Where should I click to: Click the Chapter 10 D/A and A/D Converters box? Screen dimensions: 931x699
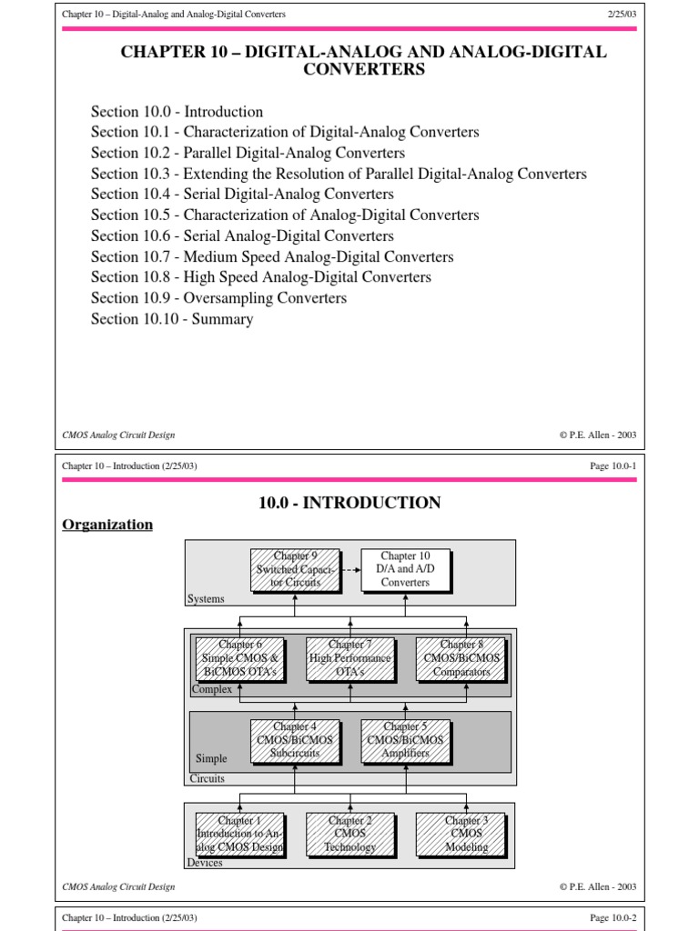[405, 569]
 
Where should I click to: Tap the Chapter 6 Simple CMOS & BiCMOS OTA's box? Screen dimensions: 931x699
[240, 659]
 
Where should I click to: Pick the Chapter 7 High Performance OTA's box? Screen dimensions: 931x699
[350, 659]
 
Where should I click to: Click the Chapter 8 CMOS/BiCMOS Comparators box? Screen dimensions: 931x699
[460, 659]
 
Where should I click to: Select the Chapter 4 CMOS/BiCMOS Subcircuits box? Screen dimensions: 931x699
[296, 740]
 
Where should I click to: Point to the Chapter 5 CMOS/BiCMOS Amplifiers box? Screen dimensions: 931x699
[405, 740]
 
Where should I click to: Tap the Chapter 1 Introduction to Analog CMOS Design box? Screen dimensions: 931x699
[240, 834]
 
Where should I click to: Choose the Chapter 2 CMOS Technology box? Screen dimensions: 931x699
[350, 834]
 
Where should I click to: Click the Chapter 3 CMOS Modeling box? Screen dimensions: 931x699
[460, 834]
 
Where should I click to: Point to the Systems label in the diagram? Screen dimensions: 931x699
[206, 599]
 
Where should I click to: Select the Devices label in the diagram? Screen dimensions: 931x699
[206, 863]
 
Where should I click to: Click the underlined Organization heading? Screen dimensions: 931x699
[107, 525]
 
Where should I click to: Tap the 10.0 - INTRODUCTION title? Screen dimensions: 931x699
[349, 503]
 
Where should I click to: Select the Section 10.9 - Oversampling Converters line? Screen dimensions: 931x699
[218, 298]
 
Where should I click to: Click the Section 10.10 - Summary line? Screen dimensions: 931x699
[172, 319]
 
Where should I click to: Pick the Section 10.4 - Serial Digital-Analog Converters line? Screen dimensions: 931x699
[242, 194]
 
